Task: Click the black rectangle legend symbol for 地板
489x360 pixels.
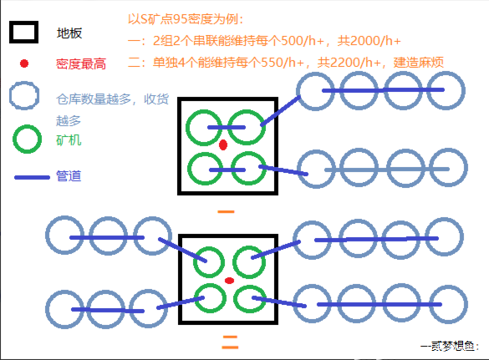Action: (23, 22)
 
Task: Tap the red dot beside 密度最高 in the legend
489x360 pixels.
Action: (24, 63)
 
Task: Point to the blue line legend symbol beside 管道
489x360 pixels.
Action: (32, 177)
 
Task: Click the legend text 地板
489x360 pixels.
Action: (69, 33)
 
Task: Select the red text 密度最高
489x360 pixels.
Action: (81, 63)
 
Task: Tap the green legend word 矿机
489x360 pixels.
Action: (69, 140)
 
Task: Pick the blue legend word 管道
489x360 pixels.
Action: (69, 175)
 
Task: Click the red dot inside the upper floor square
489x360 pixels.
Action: (223, 145)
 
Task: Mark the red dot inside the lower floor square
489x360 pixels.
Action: (229, 281)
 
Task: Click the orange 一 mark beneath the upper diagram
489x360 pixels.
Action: (226, 212)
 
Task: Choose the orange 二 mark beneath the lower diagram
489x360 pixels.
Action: (230, 342)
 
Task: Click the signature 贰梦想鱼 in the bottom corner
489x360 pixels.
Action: (453, 346)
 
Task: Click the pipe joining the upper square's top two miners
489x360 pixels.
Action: (227, 127)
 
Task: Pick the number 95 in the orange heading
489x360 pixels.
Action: (181, 19)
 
